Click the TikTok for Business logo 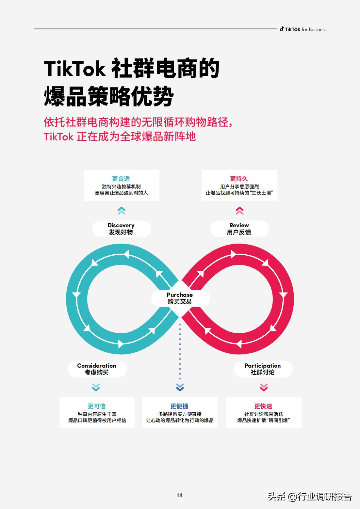click(303, 29)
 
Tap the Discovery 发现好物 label click(121, 229)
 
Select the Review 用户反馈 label click(239, 229)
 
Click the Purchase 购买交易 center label click(180, 298)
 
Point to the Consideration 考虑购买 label click(97, 369)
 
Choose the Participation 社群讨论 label click(263, 369)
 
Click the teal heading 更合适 click(121, 179)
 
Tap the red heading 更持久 click(239, 179)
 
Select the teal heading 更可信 click(97, 406)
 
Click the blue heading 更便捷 click(179, 406)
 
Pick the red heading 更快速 click(263, 406)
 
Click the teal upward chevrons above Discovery click(121, 211)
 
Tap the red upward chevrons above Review click(239, 211)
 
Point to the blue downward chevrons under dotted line click(180, 387)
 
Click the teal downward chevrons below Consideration click(96, 387)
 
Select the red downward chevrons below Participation click(264, 387)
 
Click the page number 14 click(179, 495)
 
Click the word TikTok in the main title click(75, 69)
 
